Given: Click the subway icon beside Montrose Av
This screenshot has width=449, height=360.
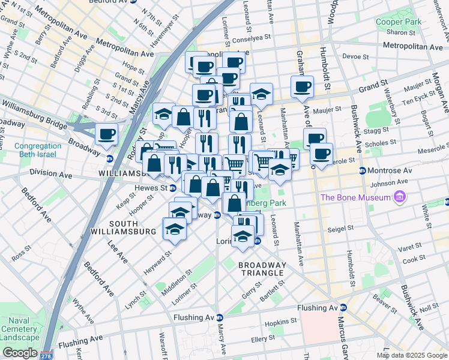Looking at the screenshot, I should pos(363,170).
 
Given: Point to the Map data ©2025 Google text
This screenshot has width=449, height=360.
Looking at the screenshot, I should pos(411,355).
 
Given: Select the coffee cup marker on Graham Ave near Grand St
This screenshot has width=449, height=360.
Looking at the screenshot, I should pos(302,86).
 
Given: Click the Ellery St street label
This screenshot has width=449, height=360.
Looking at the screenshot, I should pos(262,339).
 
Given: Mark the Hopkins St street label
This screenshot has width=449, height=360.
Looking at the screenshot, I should pos(277,323).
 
